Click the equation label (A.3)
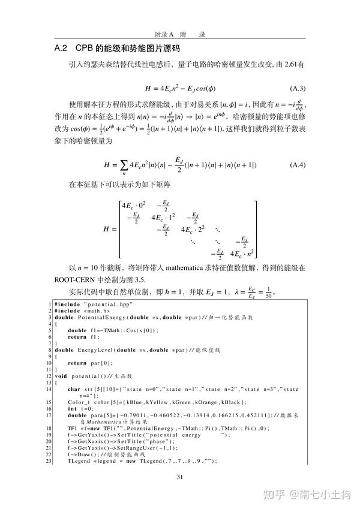[298, 86]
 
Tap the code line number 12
[49, 376]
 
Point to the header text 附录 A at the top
[163, 34]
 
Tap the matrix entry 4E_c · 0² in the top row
[134, 206]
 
